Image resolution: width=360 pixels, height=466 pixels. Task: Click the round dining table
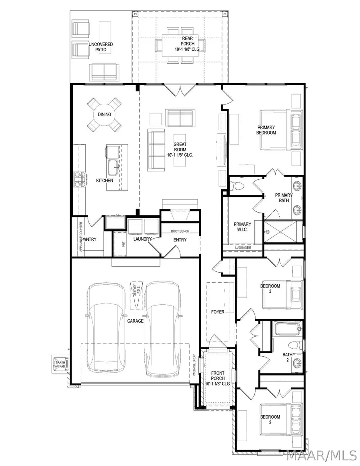(x=104, y=114)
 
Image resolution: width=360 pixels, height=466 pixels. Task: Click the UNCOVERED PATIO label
(x=101, y=47)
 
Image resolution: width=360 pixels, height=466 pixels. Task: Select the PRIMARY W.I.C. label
(x=242, y=227)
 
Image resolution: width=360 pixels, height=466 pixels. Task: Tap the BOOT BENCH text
(x=180, y=231)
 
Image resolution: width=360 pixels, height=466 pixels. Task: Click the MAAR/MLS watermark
(x=322, y=455)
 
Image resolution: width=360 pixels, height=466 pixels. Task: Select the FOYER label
(x=218, y=311)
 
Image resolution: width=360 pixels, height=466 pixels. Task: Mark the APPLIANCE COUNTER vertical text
(x=81, y=236)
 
